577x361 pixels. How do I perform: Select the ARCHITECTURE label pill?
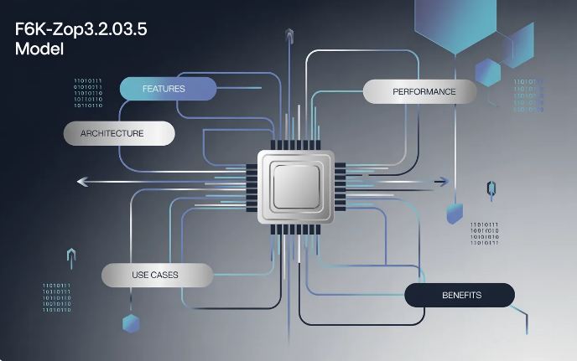(x=119, y=133)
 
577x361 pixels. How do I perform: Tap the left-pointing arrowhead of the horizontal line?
(x=81, y=181)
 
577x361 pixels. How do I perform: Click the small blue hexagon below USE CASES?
(x=131, y=322)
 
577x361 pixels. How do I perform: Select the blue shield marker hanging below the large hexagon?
(x=454, y=212)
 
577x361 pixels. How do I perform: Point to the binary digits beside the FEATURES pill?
(x=88, y=94)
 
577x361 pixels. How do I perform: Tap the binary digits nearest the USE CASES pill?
(x=57, y=297)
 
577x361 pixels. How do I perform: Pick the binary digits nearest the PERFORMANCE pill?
(x=528, y=95)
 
